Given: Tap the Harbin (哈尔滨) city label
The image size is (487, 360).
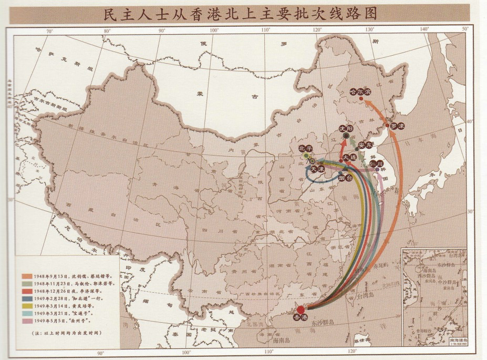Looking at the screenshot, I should click(360, 91).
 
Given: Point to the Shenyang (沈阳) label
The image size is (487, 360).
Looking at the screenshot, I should click(346, 129).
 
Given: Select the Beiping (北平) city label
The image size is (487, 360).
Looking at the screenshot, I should click(305, 149).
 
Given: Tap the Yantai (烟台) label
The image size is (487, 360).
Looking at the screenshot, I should click(345, 179).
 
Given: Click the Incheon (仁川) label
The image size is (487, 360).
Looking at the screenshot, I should click(376, 163).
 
